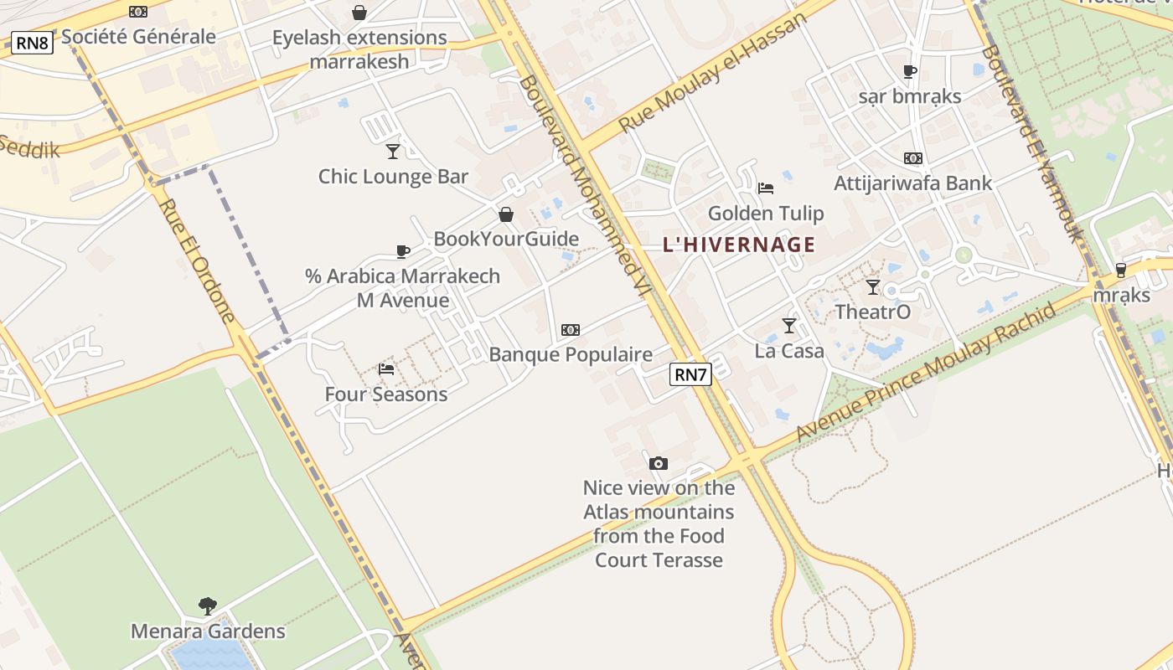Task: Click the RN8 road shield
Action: pos(32,43)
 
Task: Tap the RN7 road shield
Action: pos(690,374)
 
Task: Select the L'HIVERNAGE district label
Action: pos(738,245)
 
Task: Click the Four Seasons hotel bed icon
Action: pos(386,368)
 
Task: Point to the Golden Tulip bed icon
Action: pos(765,188)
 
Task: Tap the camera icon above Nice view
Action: pos(659,463)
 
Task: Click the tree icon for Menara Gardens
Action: pos(208,606)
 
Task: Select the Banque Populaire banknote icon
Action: pos(571,330)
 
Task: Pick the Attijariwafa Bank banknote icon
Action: pos(912,157)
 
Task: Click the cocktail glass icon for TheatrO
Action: pos(873,287)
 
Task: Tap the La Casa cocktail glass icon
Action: pos(788,325)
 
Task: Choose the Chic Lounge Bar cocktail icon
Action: pos(393,151)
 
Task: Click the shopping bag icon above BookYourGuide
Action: pos(506,214)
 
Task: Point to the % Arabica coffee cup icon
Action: pos(403,251)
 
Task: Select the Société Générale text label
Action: pos(138,37)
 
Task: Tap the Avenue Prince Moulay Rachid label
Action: pos(925,372)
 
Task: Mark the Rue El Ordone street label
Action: pos(198,260)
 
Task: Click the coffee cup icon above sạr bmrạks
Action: pos(910,71)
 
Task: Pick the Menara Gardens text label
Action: pos(208,631)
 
